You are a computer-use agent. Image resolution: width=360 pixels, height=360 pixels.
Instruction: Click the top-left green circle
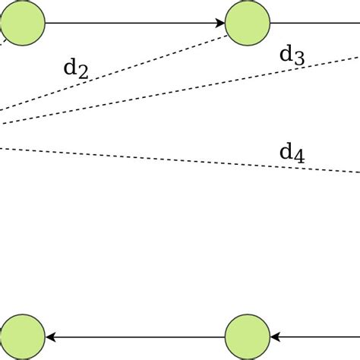point(21,23)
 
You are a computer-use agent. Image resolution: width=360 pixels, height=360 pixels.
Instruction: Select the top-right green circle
point(248,23)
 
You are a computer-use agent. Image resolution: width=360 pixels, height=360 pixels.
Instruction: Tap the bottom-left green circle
point(21,336)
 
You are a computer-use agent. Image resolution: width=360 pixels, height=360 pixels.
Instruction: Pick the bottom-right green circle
point(248,336)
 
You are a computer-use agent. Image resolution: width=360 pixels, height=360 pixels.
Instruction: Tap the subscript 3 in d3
point(298,58)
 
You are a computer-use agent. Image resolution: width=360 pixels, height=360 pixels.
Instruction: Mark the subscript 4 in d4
point(298,157)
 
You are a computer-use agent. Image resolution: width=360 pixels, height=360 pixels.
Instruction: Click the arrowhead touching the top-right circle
point(220,23)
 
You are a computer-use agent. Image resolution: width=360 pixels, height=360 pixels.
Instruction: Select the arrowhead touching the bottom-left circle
point(50,336)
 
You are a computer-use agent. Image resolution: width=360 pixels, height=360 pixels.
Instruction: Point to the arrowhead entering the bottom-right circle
point(275,336)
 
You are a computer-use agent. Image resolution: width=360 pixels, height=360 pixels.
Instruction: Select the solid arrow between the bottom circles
point(137,336)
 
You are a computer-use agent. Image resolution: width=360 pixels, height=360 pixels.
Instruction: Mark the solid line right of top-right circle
point(315,23)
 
